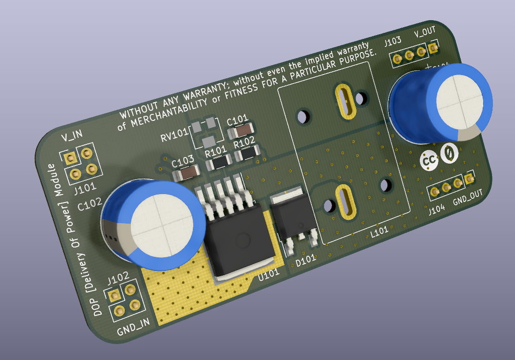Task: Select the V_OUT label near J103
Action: point(424,32)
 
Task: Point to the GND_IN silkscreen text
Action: point(133,327)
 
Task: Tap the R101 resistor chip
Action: point(219,162)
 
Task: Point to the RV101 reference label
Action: point(173,137)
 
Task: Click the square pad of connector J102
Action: point(113,296)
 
